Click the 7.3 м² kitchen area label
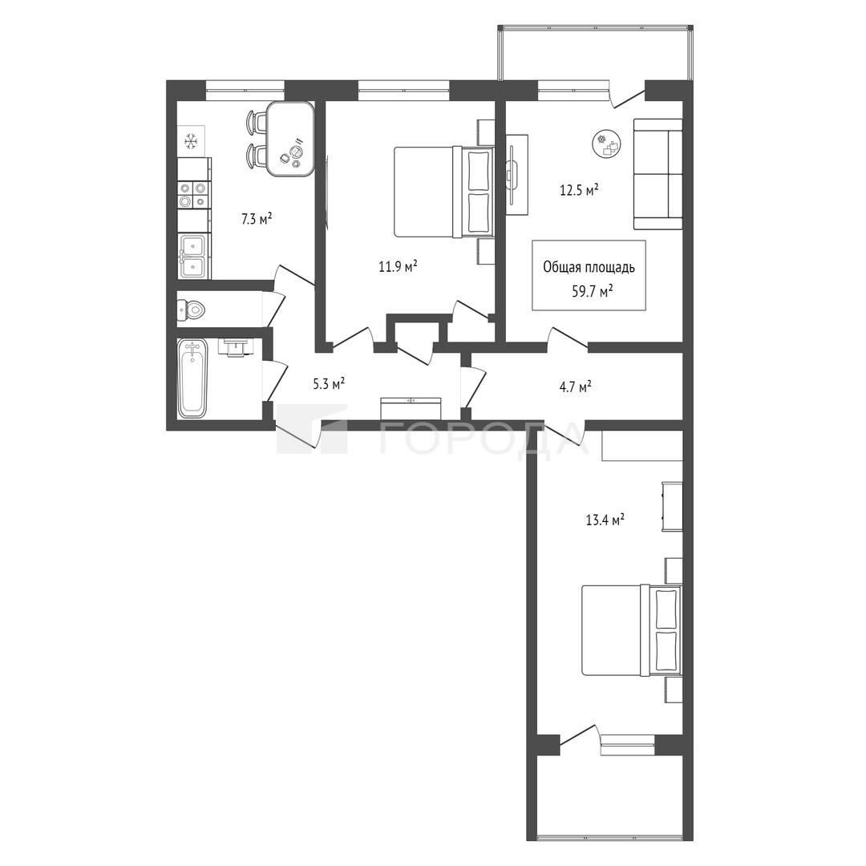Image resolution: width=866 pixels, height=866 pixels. [x=257, y=219]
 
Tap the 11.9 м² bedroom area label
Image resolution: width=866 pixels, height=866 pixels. [x=398, y=267]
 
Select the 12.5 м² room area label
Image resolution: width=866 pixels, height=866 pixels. [x=580, y=191]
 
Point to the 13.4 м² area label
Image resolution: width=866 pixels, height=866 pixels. [x=605, y=520]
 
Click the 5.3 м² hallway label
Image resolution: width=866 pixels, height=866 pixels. [x=330, y=383]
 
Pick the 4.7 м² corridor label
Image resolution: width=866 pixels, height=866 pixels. [x=575, y=386]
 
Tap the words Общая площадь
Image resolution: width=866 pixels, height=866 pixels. [x=589, y=268]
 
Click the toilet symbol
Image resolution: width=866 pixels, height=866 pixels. [x=191, y=310]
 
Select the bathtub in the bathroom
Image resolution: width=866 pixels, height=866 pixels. [x=192, y=378]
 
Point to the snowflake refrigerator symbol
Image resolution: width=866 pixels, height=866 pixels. [x=191, y=141]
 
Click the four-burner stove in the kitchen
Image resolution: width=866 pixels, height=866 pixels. [x=193, y=195]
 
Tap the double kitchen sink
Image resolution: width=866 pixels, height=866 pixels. [x=193, y=256]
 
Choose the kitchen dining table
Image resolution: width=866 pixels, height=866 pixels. [x=290, y=139]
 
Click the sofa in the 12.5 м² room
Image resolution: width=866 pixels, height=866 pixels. [x=658, y=174]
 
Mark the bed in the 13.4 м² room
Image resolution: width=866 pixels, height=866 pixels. [x=632, y=630]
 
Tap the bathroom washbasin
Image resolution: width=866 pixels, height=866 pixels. [x=237, y=347]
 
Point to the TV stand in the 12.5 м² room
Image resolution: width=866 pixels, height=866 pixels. [x=517, y=175]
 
